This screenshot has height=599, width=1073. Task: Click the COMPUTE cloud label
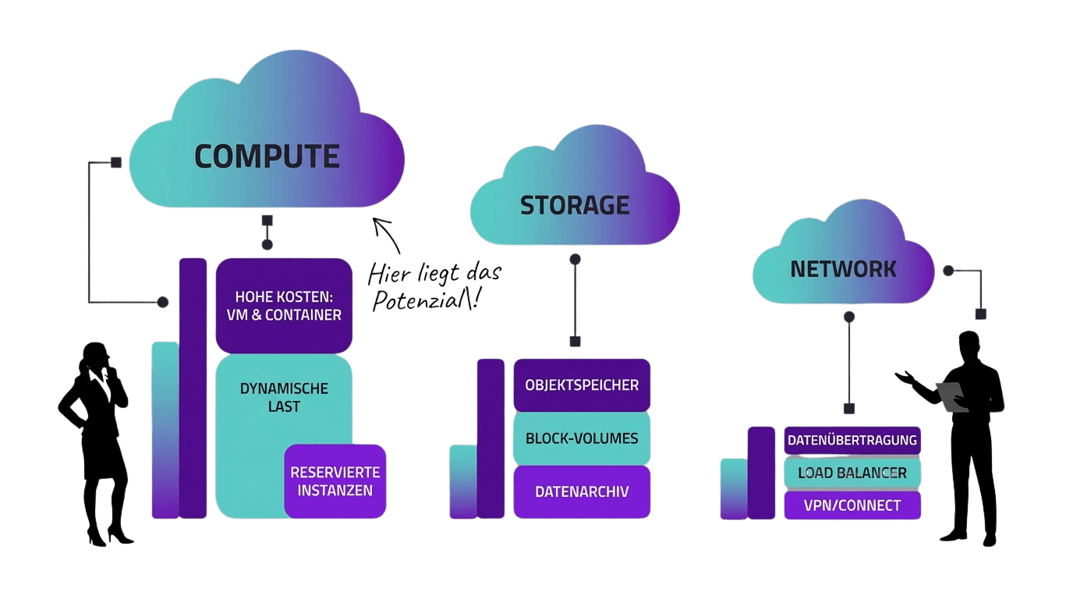(267, 157)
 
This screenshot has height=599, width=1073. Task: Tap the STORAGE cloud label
(575, 205)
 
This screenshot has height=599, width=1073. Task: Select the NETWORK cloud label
(843, 269)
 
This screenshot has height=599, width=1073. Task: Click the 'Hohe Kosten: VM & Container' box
(284, 306)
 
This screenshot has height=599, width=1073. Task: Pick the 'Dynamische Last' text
(284, 397)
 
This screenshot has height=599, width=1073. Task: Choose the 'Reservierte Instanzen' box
(335, 481)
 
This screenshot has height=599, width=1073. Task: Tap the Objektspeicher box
(582, 385)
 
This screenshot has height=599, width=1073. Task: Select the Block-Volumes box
(582, 438)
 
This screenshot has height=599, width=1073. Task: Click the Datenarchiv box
(582, 492)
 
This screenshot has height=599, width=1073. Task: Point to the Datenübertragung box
(852, 440)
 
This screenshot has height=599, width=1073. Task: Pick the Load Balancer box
(852, 473)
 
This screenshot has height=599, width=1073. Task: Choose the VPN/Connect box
(852, 505)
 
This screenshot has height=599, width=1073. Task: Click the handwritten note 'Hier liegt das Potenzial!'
(434, 286)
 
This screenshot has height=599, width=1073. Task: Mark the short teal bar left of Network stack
(733, 488)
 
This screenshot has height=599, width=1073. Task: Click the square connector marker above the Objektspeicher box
(575, 341)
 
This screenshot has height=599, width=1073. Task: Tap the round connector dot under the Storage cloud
(575, 260)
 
